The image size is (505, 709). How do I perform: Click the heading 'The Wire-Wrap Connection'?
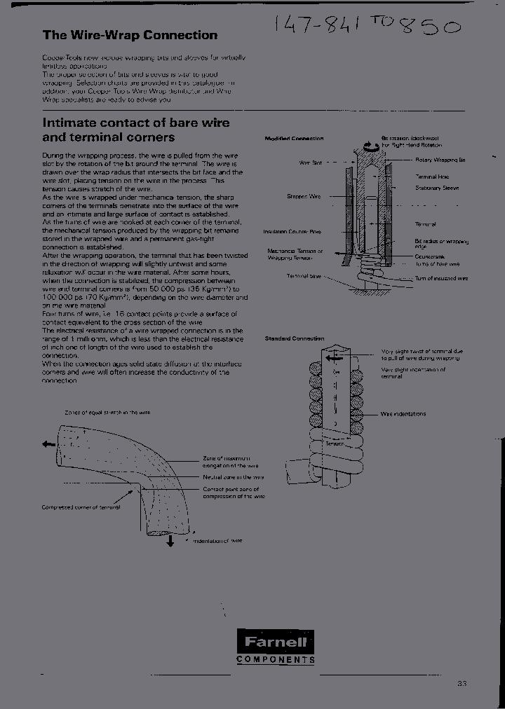pyautogui.click(x=130, y=35)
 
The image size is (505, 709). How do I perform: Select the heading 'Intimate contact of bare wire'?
pyautogui.click(x=136, y=123)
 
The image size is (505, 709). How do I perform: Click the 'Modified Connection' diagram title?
pyautogui.click(x=294, y=139)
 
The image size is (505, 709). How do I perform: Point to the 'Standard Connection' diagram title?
pyautogui.click(x=294, y=338)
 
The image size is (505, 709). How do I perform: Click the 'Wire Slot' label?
pyautogui.click(x=311, y=162)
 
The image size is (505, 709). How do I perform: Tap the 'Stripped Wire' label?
pyautogui.click(x=304, y=197)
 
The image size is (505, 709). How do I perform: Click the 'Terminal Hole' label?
pyautogui.click(x=432, y=178)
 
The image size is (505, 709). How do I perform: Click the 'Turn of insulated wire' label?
pyautogui.click(x=441, y=278)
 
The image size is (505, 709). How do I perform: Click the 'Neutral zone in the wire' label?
pyautogui.click(x=233, y=477)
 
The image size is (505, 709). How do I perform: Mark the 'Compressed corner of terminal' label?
pyautogui.click(x=80, y=507)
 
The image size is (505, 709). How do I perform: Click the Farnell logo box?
pyautogui.click(x=275, y=641)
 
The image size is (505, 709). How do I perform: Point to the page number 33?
pyautogui.click(x=461, y=683)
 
